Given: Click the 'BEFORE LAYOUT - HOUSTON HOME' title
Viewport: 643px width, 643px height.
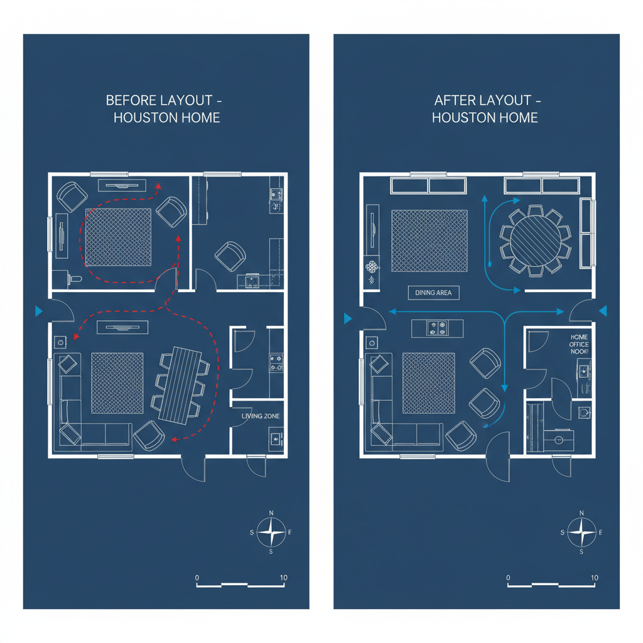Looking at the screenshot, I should tap(166, 109).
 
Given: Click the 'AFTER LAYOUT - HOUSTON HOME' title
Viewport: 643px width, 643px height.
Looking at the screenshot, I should tap(485, 109).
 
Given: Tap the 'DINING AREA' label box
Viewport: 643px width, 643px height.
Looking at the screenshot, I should tap(433, 293).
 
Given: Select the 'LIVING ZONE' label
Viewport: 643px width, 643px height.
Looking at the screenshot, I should tap(260, 416).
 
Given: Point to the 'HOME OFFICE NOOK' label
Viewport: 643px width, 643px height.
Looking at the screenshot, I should tap(579, 345).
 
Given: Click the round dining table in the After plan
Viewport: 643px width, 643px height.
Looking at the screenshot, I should tap(534, 239).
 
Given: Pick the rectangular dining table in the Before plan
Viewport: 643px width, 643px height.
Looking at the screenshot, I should tap(180, 383).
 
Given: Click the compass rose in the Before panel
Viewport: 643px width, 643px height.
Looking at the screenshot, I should tap(271, 532).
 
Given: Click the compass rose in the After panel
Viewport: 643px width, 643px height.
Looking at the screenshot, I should tap(581, 532).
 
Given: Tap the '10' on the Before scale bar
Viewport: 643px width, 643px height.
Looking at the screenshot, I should tap(284, 578).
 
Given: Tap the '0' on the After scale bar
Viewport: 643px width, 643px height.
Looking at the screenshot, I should tap(507, 578).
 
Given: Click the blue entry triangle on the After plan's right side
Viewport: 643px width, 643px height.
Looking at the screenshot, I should tap(603, 311).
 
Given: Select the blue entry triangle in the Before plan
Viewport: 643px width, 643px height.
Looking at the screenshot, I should tap(40, 311).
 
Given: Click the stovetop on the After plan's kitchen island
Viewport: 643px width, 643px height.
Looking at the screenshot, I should tap(436, 328).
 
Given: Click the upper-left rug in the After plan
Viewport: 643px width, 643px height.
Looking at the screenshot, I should tap(430, 241).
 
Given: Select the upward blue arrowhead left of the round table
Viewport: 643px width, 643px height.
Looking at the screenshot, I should tap(484, 198).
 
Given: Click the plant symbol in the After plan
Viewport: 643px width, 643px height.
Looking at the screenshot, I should tap(372, 267).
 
